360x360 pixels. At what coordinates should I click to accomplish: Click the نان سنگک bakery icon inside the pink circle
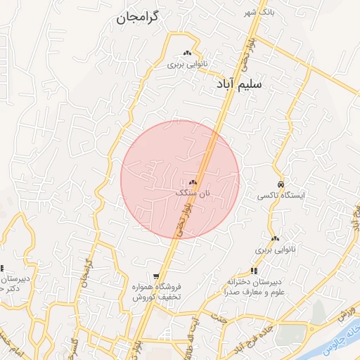point(193,182)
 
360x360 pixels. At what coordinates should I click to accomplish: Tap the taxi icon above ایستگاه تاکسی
point(281,184)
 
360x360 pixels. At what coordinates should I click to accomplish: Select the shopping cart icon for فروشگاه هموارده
point(156,276)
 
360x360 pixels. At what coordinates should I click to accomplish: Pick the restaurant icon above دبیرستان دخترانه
point(254,271)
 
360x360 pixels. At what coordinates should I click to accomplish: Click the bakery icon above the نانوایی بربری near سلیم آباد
point(187,53)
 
